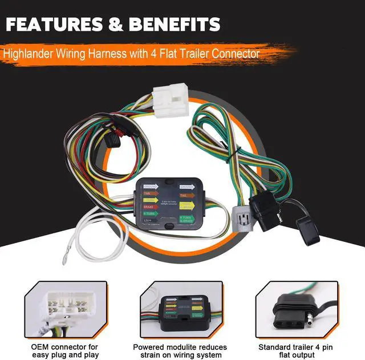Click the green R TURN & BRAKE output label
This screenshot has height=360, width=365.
tap(186, 219)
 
